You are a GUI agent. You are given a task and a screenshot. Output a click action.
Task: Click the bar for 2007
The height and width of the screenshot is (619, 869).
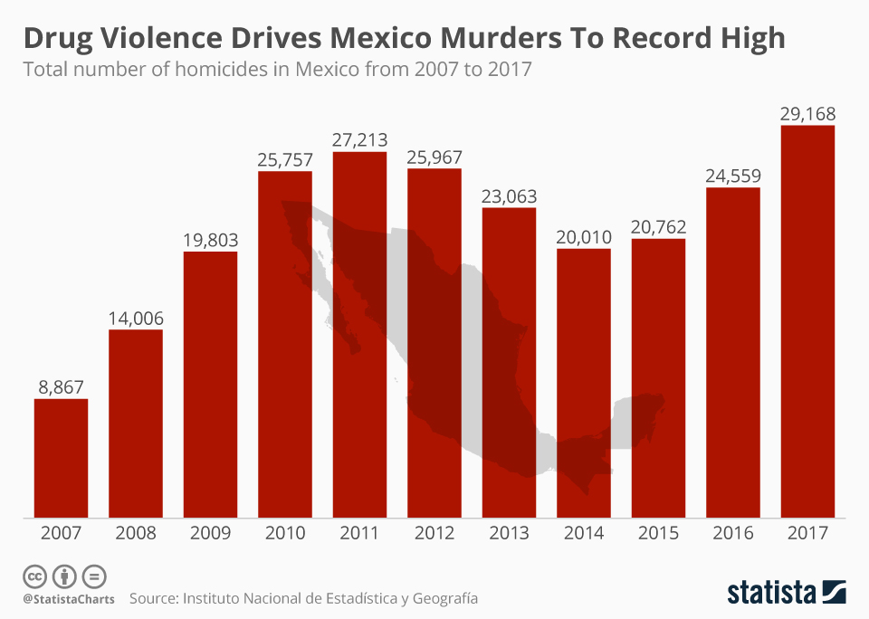(x=61, y=458)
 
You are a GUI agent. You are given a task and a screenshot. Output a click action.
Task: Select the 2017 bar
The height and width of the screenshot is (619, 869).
(x=807, y=321)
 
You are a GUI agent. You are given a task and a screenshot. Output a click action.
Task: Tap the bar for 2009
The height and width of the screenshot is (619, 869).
(x=210, y=385)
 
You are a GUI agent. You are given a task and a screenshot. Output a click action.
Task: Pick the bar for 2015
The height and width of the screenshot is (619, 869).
(x=658, y=378)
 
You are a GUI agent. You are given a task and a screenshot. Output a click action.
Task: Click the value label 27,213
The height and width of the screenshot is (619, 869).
(x=359, y=139)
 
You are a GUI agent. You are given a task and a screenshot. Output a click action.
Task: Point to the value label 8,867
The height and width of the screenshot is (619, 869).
(x=61, y=386)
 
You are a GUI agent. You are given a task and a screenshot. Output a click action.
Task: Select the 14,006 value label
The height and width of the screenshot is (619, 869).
(x=136, y=318)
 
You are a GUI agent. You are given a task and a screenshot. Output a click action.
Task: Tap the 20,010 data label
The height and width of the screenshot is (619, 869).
(x=583, y=237)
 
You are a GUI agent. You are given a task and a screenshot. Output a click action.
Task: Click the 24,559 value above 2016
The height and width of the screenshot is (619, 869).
(x=732, y=176)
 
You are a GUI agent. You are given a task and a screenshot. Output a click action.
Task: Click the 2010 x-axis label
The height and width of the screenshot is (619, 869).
(x=285, y=533)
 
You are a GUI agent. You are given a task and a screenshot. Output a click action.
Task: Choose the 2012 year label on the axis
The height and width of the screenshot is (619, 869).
(x=434, y=533)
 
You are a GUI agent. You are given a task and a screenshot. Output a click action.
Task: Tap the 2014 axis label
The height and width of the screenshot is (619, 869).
(x=583, y=533)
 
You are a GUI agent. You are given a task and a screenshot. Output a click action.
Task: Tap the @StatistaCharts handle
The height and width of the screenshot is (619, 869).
(x=69, y=599)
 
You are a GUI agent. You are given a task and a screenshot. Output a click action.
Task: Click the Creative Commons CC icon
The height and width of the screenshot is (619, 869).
(x=34, y=576)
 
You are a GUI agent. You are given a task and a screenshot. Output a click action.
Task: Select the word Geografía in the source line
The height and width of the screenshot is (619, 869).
(x=444, y=599)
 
